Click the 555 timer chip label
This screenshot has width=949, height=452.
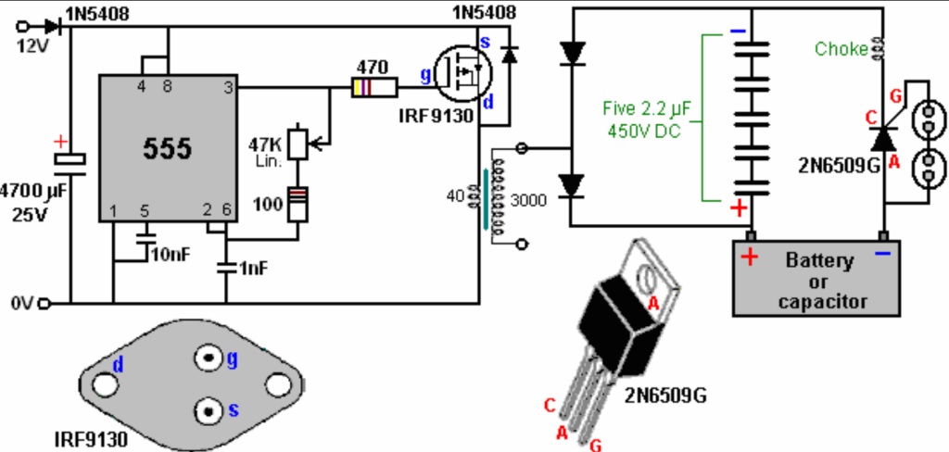click(168, 148)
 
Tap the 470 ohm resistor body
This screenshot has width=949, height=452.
click(374, 88)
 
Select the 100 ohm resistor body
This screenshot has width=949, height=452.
click(297, 205)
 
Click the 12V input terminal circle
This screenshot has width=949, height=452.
click(23, 26)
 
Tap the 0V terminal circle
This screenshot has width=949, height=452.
click(44, 303)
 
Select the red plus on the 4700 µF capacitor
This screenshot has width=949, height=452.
click(60, 143)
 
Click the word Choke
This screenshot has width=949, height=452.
click(841, 50)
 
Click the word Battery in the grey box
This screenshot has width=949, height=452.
click(819, 262)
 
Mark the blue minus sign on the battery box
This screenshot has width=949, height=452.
click(883, 253)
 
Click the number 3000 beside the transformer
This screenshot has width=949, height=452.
click(529, 199)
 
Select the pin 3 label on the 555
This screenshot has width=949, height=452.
click(228, 88)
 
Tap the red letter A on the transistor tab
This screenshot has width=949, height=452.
click(653, 304)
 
